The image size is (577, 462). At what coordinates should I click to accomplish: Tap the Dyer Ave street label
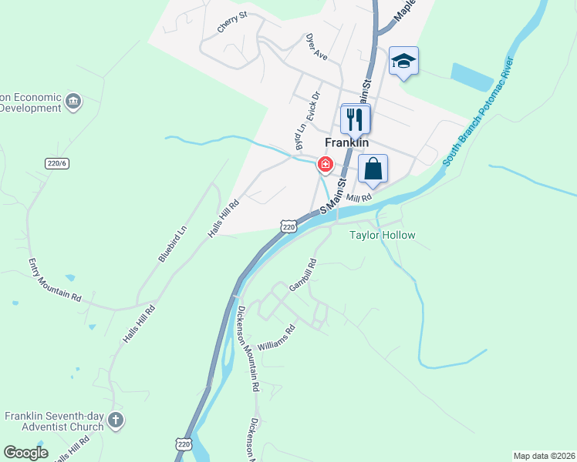[317, 46]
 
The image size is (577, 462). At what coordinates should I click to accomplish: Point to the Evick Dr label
[313, 109]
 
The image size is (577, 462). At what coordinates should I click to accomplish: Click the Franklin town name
[347, 142]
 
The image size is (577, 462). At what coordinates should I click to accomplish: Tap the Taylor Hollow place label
[383, 236]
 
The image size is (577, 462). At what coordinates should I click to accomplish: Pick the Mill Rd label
[359, 197]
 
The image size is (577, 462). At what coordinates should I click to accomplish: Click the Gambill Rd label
[303, 275]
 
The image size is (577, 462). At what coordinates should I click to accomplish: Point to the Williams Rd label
[277, 337]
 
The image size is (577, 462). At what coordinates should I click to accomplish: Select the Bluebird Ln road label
[173, 244]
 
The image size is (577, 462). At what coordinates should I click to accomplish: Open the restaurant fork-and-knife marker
[356, 119]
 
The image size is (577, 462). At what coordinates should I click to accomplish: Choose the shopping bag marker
[373, 169]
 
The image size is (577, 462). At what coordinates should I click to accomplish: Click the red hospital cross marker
[326, 164]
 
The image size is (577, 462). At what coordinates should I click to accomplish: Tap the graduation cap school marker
[403, 62]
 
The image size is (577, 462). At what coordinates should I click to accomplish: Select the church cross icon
[115, 420]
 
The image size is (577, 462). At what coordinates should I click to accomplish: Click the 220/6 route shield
[57, 163]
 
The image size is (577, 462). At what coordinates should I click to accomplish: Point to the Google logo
[25, 453]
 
